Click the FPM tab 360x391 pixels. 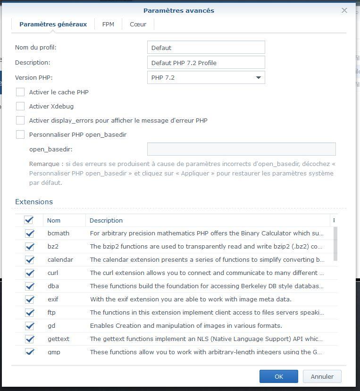[108, 25]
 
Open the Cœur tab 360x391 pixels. [138, 25]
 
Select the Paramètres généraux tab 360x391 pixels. [53, 25]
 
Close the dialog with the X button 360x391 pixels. [344, 10]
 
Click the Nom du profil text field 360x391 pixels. [206, 48]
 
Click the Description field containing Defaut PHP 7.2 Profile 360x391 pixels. [206, 63]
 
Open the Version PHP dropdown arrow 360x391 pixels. [258, 77]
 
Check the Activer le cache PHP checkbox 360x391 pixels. [20, 92]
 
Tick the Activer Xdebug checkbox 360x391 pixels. [20, 106]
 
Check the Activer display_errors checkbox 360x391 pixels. [20, 120]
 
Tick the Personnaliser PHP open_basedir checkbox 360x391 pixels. [20, 134]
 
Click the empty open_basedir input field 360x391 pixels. [241, 150]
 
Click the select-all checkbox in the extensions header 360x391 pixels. [29, 220]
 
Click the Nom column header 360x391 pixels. [54, 220]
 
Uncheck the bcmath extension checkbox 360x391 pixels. [30, 233]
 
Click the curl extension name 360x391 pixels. [53, 273]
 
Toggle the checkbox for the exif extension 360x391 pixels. [30, 299]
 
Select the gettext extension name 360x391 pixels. [58, 339]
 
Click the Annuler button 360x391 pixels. [322, 376]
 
